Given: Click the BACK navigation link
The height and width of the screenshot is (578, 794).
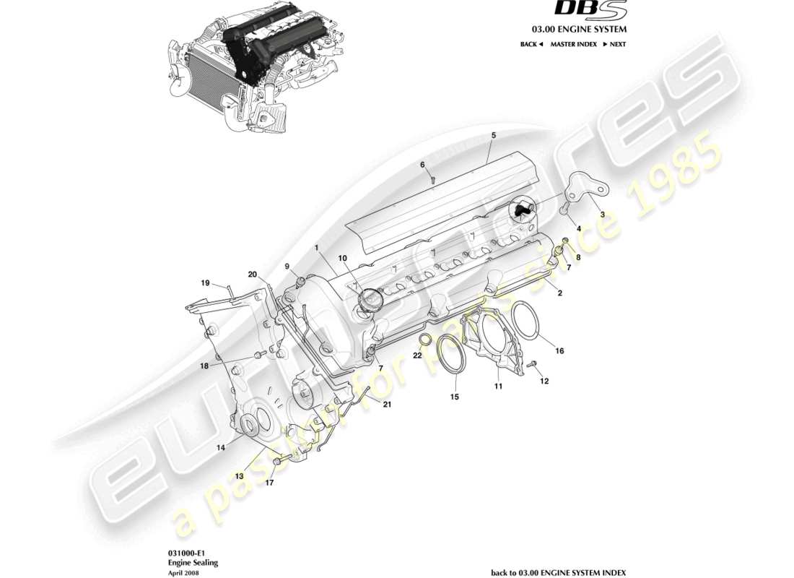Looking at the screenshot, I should click(x=531, y=44).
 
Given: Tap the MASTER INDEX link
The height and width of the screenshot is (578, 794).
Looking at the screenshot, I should click(x=573, y=44).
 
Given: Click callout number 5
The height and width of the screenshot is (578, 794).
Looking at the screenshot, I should click(x=494, y=135).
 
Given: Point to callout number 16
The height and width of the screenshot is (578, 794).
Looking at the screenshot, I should click(x=559, y=351).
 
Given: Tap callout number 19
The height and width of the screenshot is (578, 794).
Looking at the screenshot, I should click(x=205, y=282).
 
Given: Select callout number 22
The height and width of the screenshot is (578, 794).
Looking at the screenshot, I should click(x=417, y=355).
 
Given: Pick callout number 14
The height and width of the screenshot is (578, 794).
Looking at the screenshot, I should click(x=222, y=448).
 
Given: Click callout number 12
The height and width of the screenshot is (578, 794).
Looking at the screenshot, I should click(x=544, y=381).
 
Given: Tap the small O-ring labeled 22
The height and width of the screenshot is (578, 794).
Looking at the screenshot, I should click(x=425, y=340).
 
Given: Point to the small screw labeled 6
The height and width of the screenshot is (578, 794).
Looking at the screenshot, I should click(x=432, y=178).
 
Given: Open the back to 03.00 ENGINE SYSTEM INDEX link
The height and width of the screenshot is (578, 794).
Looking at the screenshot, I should click(x=558, y=572).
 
